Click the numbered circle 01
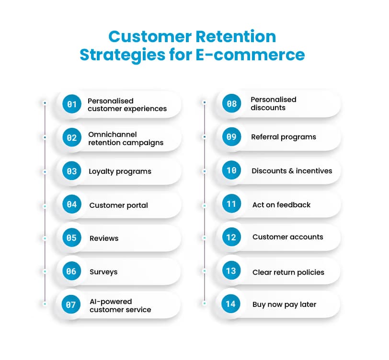pyautogui.click(x=72, y=104)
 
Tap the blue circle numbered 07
pyautogui.click(x=71, y=304)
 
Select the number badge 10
pyautogui.click(x=231, y=170)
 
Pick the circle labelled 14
pyautogui.click(x=231, y=304)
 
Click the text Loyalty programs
pyautogui.click(x=120, y=171)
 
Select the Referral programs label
pyautogui.click(x=284, y=137)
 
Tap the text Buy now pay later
pyautogui.click(x=284, y=304)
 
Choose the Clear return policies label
pyautogui.click(x=288, y=272)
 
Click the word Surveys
pyautogui.click(x=103, y=271)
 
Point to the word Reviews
pyautogui.click(x=104, y=238)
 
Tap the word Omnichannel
pyautogui.click(x=113, y=134)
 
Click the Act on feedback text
pyautogui.click(x=281, y=204)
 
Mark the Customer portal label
pyautogui.click(x=118, y=205)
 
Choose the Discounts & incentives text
pyautogui.click(x=292, y=170)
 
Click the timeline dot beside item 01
pyautogui.click(x=45, y=103)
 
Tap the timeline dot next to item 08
pyautogui.click(x=205, y=102)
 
